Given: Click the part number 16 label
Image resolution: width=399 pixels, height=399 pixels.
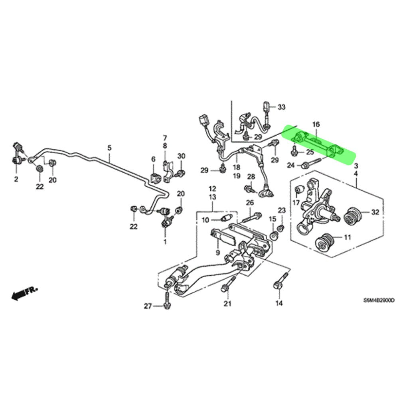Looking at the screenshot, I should coord(316,124).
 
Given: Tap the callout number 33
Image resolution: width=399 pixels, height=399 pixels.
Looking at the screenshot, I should coord(282,107).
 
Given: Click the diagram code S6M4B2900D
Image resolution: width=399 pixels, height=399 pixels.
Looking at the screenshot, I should coord(378,301).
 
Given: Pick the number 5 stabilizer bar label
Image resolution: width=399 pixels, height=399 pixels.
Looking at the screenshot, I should coord(109,148).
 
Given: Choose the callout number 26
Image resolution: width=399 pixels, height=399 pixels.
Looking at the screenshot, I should coord(250,203).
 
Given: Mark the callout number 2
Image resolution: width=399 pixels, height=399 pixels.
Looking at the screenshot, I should coord(16,180).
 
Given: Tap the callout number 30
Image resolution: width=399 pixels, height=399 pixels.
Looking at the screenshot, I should coord(181,156).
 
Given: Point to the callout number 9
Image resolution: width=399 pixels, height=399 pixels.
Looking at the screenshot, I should coord(218,253).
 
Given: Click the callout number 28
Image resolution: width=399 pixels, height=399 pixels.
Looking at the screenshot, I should coord(251,176).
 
